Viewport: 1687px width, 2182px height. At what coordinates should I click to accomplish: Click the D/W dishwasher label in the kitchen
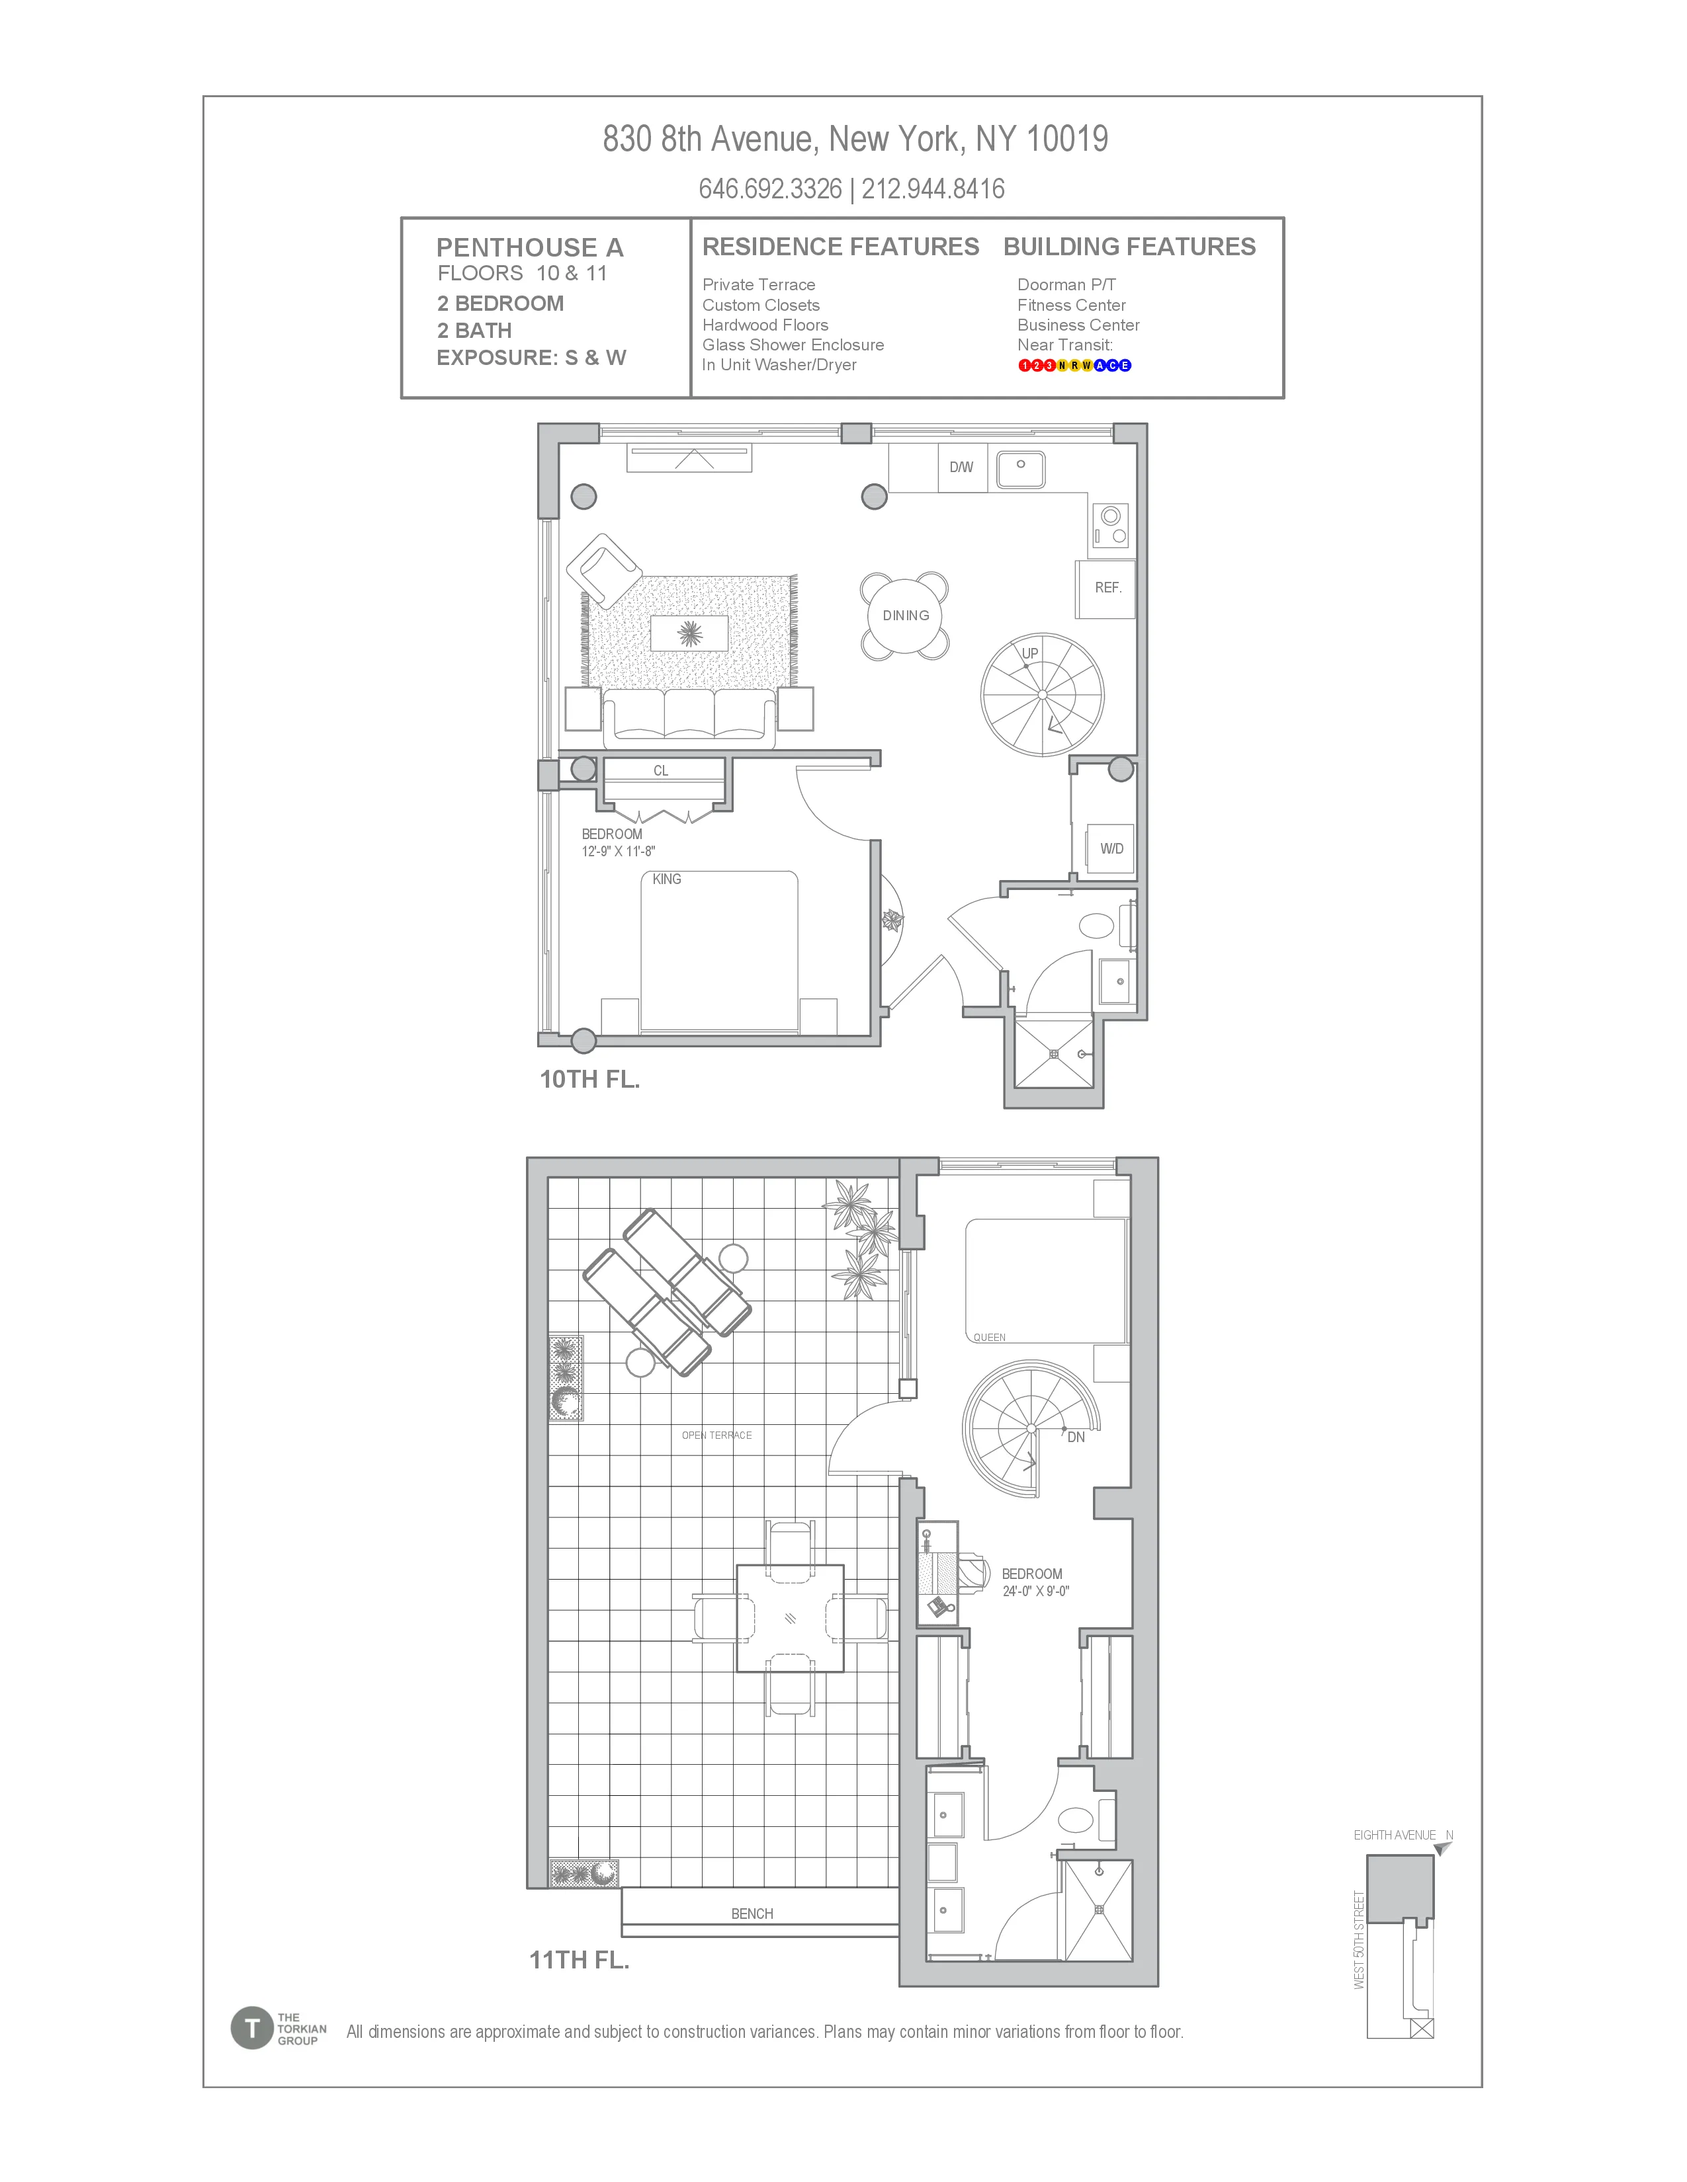(x=961, y=467)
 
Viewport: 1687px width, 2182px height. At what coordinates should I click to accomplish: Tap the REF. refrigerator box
(x=1106, y=588)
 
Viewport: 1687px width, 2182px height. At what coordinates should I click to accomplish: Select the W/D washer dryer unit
(x=1110, y=848)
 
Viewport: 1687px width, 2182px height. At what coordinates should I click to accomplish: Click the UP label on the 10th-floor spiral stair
(x=1029, y=653)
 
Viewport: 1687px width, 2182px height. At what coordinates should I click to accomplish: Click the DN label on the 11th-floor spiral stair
(x=1075, y=1437)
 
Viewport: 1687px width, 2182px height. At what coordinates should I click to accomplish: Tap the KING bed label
(x=667, y=879)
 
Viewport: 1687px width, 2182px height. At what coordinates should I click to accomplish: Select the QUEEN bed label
(x=990, y=1337)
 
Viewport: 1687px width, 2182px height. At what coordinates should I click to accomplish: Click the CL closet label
(x=661, y=770)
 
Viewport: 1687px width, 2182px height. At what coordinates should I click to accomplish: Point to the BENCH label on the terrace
(x=752, y=1914)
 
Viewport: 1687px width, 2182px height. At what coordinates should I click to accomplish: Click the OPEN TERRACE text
(x=716, y=1435)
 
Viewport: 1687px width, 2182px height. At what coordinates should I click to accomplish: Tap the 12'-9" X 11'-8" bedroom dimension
(x=619, y=851)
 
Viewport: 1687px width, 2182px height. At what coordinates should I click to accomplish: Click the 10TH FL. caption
(x=589, y=1079)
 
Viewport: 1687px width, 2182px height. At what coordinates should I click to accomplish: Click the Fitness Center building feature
(x=1071, y=305)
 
